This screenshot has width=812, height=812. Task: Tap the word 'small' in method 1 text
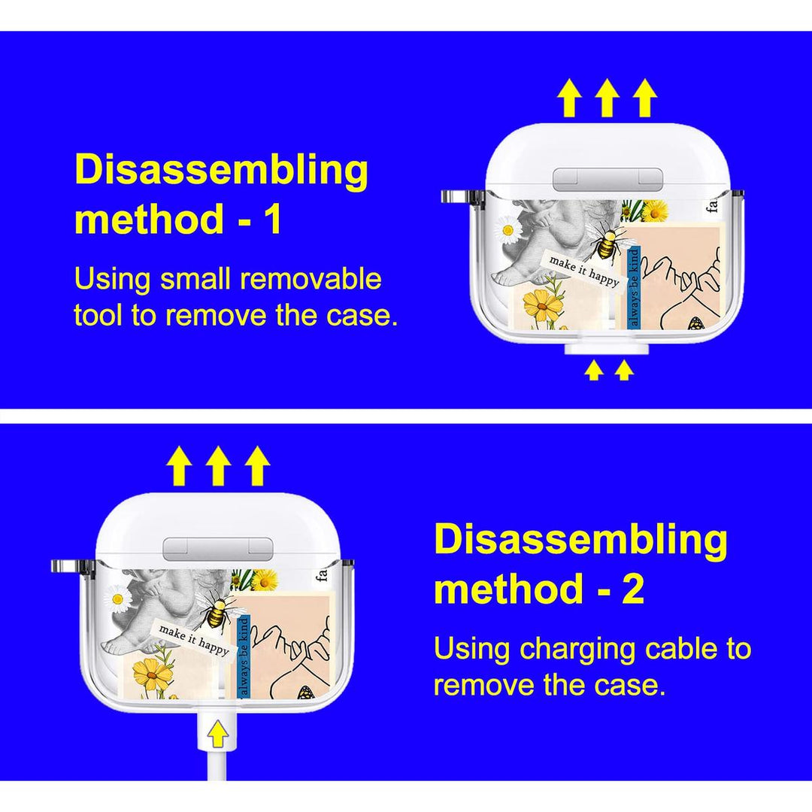[x=195, y=279]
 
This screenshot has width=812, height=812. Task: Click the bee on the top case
[x=607, y=244]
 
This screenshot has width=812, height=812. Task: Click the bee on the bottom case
[x=217, y=611]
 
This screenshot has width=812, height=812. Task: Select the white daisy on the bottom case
[x=117, y=599]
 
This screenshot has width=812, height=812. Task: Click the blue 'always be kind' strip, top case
[x=634, y=288]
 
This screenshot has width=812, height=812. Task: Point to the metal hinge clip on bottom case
[x=72, y=567]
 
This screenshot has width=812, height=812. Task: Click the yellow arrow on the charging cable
[x=218, y=734]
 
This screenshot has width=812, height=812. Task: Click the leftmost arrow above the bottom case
[x=179, y=466]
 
